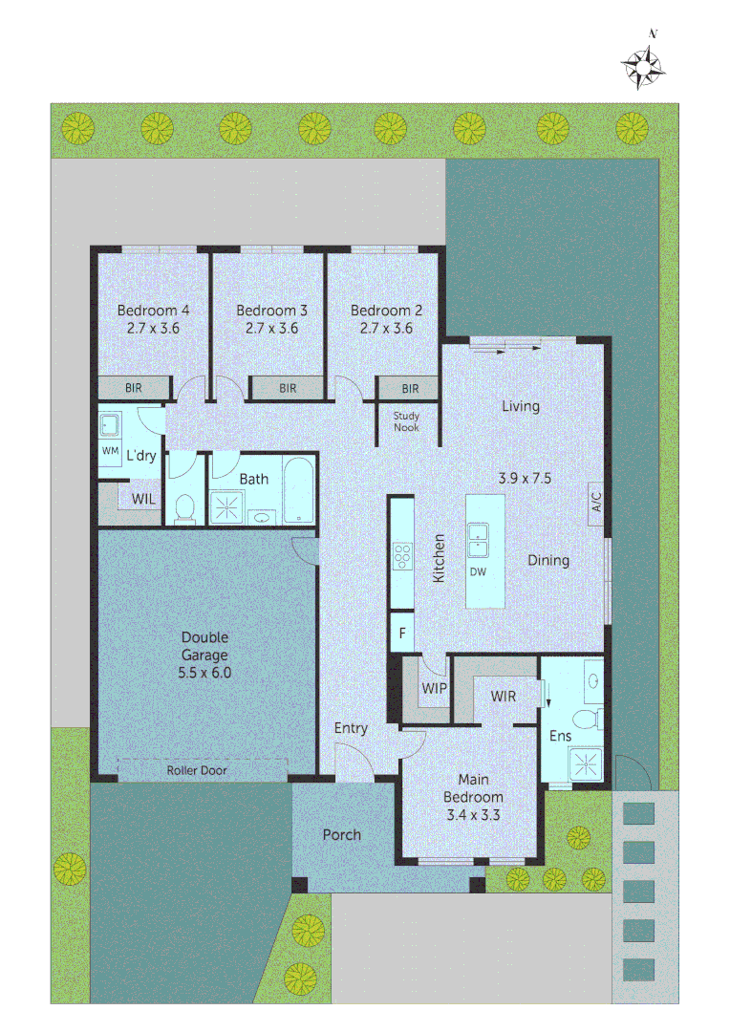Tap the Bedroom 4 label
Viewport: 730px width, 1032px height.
(153, 310)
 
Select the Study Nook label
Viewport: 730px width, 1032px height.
(406, 421)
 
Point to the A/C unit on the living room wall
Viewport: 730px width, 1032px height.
(595, 504)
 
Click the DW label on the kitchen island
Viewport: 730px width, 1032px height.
(478, 572)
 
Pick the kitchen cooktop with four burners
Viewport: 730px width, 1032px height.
(402, 556)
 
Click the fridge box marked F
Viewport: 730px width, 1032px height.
(402, 633)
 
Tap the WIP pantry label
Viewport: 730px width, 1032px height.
(434, 688)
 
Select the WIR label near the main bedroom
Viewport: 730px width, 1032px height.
(504, 697)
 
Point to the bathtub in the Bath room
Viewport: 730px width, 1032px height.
(298, 490)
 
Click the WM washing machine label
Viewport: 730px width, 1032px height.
(110, 451)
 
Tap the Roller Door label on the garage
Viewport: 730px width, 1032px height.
(196, 770)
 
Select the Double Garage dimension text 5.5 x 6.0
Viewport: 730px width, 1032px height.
(204, 673)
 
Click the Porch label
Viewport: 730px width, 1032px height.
(342, 834)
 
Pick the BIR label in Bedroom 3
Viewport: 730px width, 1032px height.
(288, 388)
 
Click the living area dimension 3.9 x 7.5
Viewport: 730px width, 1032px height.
(525, 479)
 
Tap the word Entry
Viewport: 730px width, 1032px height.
(350, 728)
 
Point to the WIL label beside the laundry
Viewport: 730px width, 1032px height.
(143, 499)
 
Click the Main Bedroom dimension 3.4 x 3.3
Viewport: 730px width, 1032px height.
(473, 815)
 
